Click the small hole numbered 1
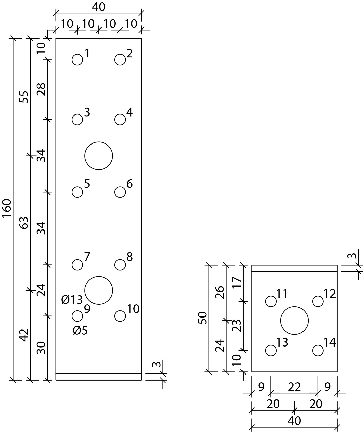click(77, 60)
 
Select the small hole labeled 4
click(120, 119)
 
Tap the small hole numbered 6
click(120, 192)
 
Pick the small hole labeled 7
click(77, 265)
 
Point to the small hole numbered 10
click(120, 316)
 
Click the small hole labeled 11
click(271, 301)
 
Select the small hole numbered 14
click(318, 350)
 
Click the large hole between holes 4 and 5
click(99, 156)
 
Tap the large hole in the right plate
click(294, 321)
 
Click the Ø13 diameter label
click(72, 300)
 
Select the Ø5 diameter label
click(80, 330)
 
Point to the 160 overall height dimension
click(7, 208)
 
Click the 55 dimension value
click(24, 97)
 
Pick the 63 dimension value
click(24, 223)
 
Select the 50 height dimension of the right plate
click(203, 318)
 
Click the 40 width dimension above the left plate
click(99, 7)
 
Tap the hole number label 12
click(330, 294)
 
